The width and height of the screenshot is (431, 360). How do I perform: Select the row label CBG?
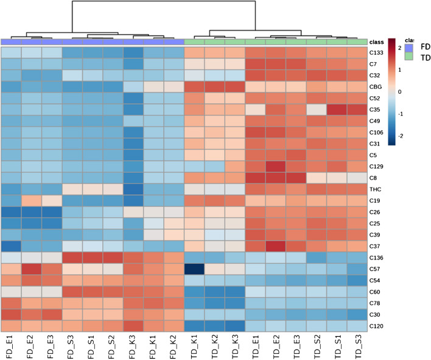[x=377, y=86]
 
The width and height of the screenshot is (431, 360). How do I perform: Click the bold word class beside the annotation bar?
[x=377, y=41]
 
